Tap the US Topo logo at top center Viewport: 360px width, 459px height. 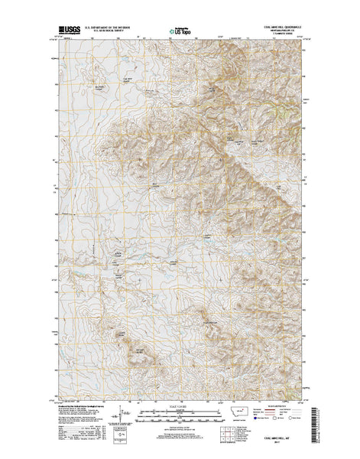click(x=182, y=33)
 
